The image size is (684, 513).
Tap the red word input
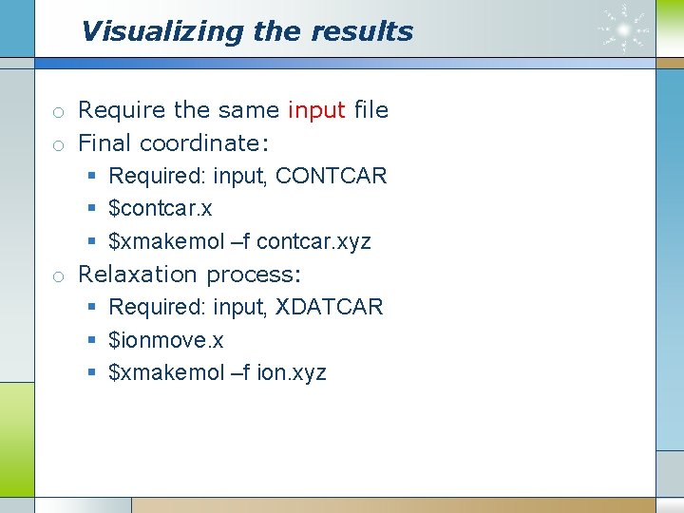coord(316,110)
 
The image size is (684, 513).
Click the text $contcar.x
coord(161,208)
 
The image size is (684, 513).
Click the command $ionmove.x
coord(166,340)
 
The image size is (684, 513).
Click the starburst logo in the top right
coord(624,28)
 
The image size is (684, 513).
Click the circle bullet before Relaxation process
coord(59,276)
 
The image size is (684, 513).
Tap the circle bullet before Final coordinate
coord(59,145)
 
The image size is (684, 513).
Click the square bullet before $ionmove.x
coord(92,340)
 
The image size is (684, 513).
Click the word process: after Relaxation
coord(254,275)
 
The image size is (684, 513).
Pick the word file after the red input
coord(370,110)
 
